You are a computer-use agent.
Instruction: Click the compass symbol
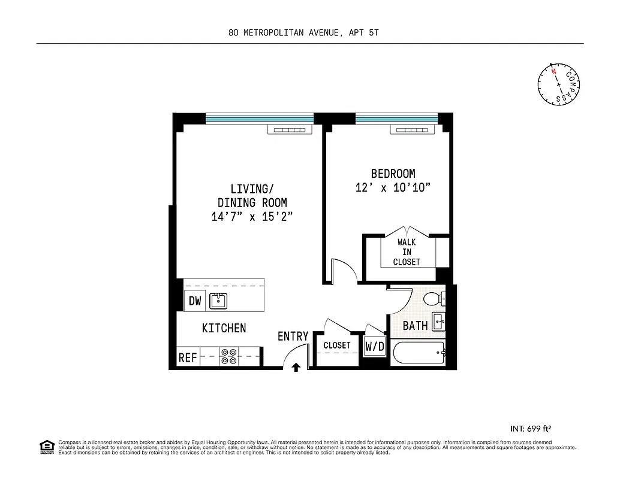coord(559,84)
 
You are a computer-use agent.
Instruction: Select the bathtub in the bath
coord(418,354)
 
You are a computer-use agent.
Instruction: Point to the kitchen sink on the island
coord(218,301)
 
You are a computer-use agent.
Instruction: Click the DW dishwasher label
coord(195,301)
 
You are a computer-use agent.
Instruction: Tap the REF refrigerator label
coord(188,357)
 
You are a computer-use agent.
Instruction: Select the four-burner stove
coord(228,356)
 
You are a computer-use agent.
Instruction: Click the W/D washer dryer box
coord(375,346)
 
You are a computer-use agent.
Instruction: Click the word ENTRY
coord(293,336)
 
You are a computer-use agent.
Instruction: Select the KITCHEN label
coord(224,328)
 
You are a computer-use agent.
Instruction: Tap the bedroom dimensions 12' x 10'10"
coord(393,187)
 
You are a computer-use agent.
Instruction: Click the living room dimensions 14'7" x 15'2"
coord(252,217)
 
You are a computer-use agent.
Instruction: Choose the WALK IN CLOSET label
coord(407,252)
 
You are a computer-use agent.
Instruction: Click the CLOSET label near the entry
coord(337,345)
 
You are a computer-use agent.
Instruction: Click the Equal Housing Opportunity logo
coord(46,447)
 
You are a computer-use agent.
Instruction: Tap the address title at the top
coord(303,34)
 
